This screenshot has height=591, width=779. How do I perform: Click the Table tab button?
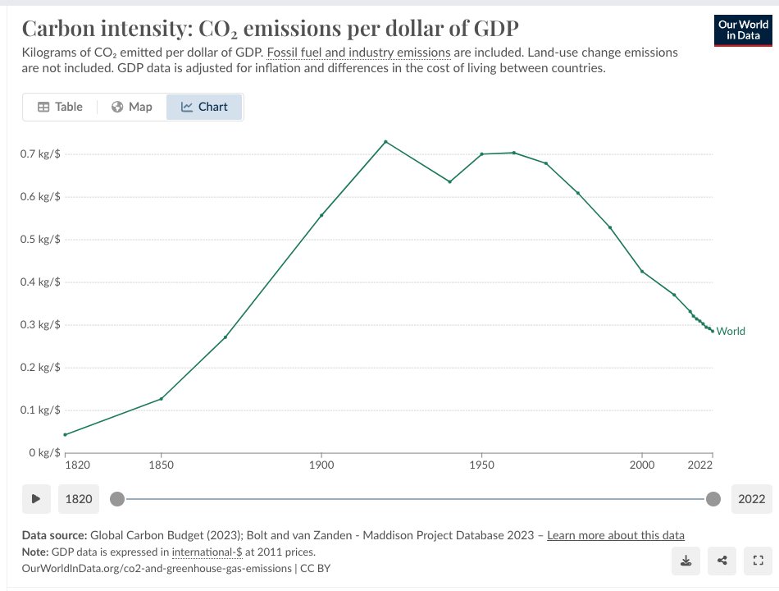[60, 107]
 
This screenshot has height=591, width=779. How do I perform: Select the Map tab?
[132, 107]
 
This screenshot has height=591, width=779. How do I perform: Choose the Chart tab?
[204, 107]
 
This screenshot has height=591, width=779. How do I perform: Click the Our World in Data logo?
[743, 30]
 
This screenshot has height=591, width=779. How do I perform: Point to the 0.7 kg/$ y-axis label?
[40, 154]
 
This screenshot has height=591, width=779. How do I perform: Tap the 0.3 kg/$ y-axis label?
[40, 325]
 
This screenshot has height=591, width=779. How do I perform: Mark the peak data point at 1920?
[385, 142]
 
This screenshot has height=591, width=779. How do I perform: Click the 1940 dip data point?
[449, 181]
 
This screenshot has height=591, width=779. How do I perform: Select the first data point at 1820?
[65, 434]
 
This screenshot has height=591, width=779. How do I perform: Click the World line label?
[731, 332]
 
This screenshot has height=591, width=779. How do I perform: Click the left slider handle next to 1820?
[118, 498]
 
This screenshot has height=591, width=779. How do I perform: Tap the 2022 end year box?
[750, 498]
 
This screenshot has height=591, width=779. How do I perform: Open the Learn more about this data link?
[615, 535]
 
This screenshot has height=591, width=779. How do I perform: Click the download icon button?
[686, 561]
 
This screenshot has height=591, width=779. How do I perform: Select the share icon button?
[722, 561]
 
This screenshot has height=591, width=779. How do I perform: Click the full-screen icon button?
[757, 561]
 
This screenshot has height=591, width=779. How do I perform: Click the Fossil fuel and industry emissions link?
[358, 53]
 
